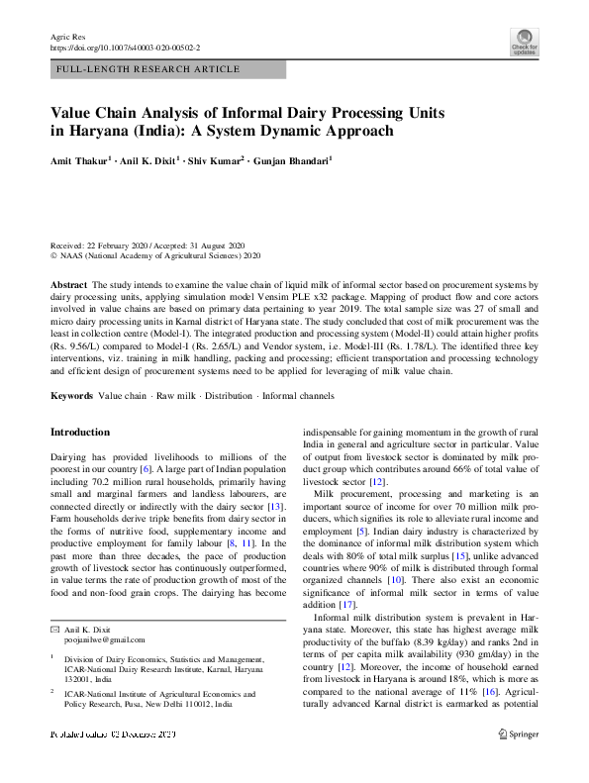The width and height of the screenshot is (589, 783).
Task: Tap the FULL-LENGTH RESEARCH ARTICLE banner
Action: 147,69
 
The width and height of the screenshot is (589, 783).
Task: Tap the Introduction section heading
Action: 80,433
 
